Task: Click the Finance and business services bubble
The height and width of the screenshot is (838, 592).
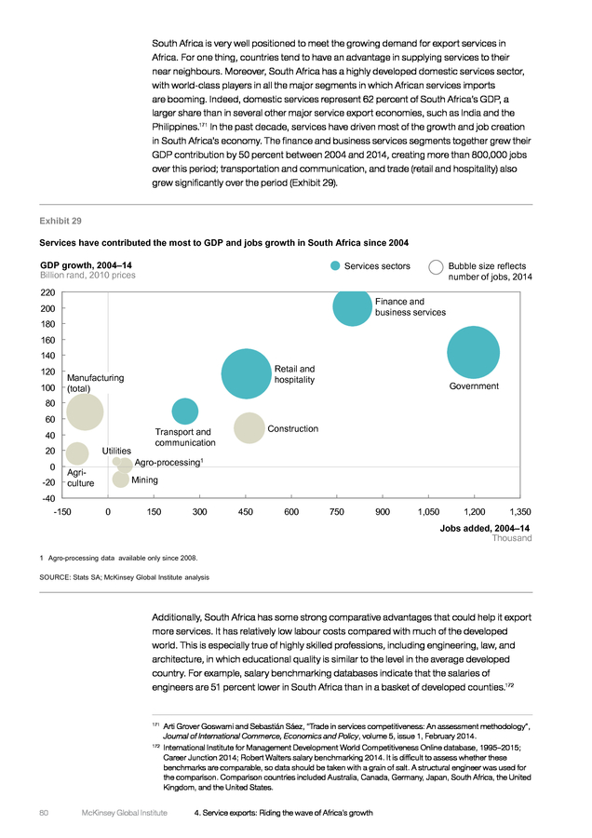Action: click(x=352, y=306)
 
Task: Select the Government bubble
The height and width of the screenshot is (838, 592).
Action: click(x=474, y=352)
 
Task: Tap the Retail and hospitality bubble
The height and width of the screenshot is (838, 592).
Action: click(x=247, y=373)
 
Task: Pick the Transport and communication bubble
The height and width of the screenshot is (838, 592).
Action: click(x=185, y=412)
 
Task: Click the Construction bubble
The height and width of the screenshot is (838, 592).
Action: click(x=249, y=428)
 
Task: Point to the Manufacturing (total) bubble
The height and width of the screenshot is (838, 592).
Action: click(x=85, y=412)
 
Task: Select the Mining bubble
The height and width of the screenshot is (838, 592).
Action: click(x=121, y=479)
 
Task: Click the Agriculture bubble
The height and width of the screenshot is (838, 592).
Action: click(x=77, y=453)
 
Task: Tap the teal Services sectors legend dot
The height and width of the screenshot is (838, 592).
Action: click(x=335, y=265)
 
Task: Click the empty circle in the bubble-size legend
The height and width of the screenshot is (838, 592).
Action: click(x=436, y=266)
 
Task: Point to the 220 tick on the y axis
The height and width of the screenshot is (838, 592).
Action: click(x=47, y=292)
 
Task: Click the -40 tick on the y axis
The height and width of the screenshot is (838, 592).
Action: click(x=48, y=498)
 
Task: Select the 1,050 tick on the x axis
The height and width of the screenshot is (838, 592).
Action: click(x=428, y=512)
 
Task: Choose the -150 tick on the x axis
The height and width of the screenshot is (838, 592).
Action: click(x=62, y=512)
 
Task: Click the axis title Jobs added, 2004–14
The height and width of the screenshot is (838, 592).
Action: click(x=485, y=528)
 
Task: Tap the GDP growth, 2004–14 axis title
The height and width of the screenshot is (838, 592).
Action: click(x=86, y=265)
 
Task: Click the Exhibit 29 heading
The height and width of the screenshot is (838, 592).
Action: click(x=61, y=221)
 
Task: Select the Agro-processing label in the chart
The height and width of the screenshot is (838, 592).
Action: click(x=168, y=462)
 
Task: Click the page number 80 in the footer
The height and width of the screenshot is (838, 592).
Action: click(x=44, y=812)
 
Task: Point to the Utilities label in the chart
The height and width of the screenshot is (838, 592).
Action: click(x=116, y=451)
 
